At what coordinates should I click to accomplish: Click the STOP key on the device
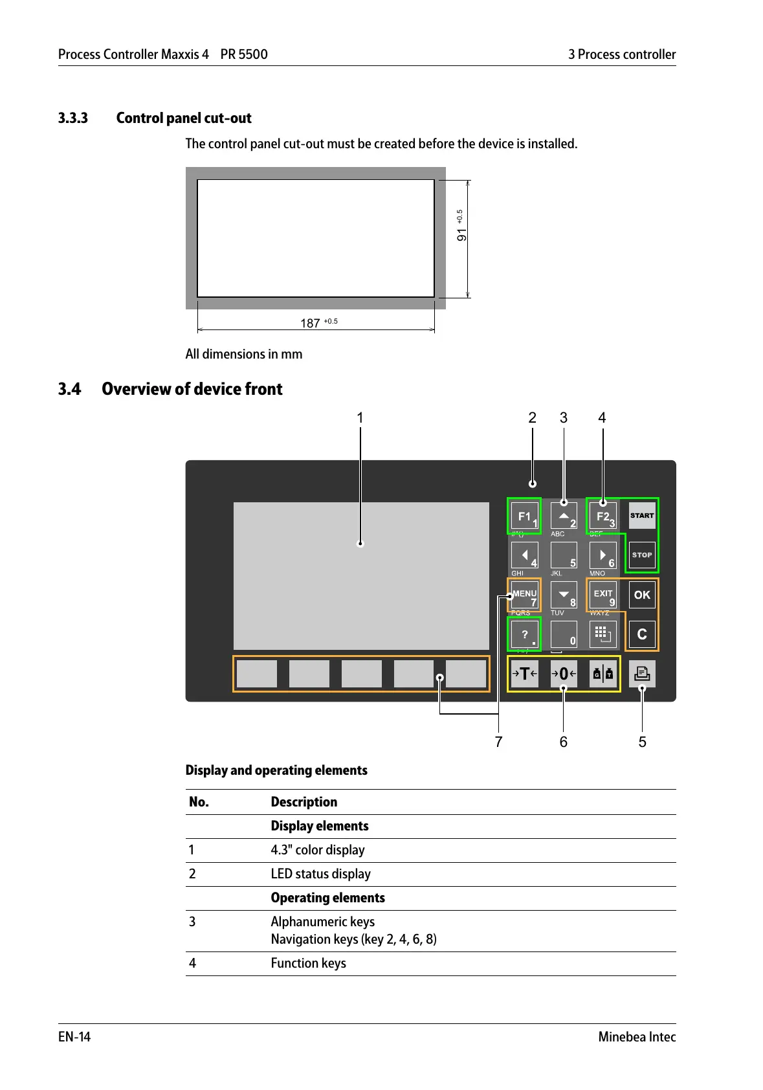[x=642, y=555]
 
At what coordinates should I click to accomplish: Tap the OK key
[x=642, y=595]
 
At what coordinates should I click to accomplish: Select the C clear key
[x=642, y=634]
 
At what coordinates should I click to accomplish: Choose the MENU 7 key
[x=525, y=595]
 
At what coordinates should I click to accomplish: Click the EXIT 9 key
[x=603, y=595]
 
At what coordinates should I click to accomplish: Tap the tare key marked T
[x=525, y=674]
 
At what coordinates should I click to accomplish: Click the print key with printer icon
[x=642, y=674]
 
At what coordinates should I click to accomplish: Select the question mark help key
[x=525, y=634]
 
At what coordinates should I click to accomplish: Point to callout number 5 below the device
[x=642, y=742]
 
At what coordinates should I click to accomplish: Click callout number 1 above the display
[x=360, y=418]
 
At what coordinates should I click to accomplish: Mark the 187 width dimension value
[x=311, y=323]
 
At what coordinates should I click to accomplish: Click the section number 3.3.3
[x=73, y=118]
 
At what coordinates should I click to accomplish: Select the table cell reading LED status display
[x=320, y=874]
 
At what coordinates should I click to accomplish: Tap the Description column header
[x=304, y=802]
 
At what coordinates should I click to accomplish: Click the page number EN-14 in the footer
[x=74, y=1037]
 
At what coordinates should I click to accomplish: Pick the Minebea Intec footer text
[x=637, y=1037]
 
